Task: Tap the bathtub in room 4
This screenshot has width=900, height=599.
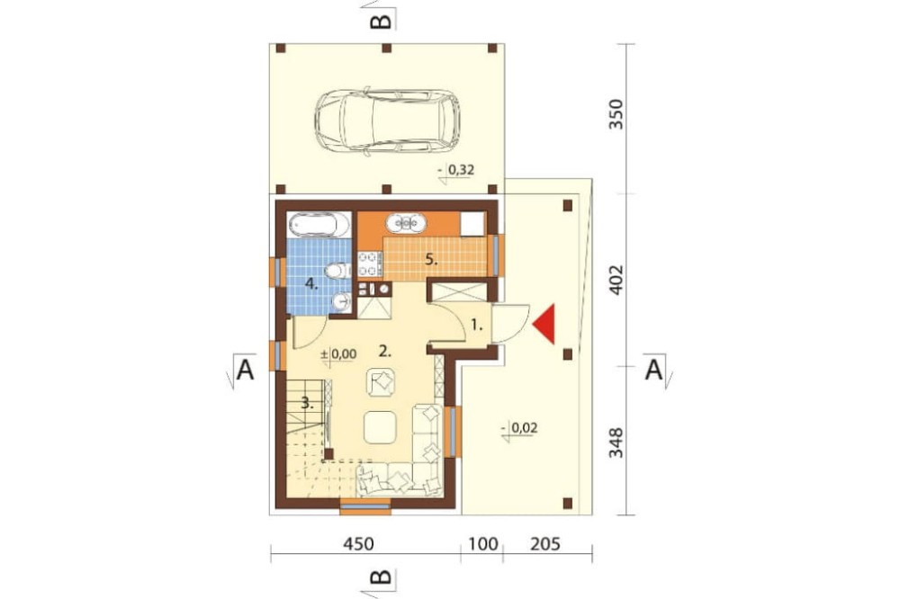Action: coord(319,224)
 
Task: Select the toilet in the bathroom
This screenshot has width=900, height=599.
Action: coord(338,270)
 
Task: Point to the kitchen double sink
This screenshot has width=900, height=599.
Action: coord(406,223)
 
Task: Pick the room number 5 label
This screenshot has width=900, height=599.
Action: coord(432,259)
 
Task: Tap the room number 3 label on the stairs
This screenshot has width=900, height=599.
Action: coord(308,403)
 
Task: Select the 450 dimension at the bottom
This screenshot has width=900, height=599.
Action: coord(359,543)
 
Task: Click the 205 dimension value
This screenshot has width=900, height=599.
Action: coord(544,543)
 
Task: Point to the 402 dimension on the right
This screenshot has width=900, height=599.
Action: coord(616,280)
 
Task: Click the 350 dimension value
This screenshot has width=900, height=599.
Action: coord(616,114)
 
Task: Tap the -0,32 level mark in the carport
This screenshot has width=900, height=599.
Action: coord(457,170)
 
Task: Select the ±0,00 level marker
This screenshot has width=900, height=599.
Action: coord(338,354)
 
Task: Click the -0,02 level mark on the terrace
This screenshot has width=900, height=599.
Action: coord(519,428)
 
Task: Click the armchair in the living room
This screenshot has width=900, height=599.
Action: coord(381,381)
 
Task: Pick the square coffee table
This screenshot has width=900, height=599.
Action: coord(380,427)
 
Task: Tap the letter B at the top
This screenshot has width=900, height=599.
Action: coord(382,21)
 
